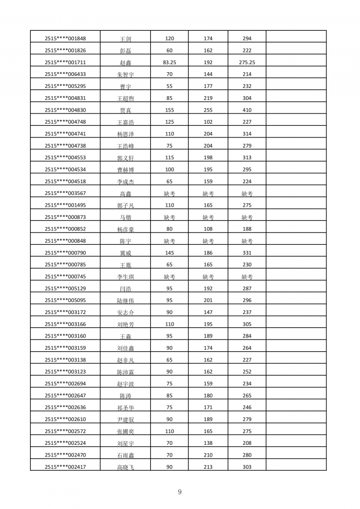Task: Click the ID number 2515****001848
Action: pos(65,39)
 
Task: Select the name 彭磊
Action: pos(125,51)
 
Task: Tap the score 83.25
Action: pos(170,63)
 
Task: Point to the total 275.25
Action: pos(247,63)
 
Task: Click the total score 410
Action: pos(247,110)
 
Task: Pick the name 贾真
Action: pos(125,110)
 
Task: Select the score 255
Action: pos(208,110)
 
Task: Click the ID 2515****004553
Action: pos(65,158)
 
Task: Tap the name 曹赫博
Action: pos(125,170)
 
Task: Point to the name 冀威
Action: pos(125,253)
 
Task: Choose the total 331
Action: pos(247,253)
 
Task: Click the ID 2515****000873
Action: pos(65,217)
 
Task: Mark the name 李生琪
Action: pos(125,277)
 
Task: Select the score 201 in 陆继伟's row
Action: pos(208,300)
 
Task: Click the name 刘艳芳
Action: pos(125,324)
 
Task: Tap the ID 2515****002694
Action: pos(65,384)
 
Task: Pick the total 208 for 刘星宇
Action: pos(247,443)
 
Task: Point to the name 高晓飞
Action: pos(125,467)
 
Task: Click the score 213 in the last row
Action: pos(208,467)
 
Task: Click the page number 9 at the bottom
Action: pos(180,492)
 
